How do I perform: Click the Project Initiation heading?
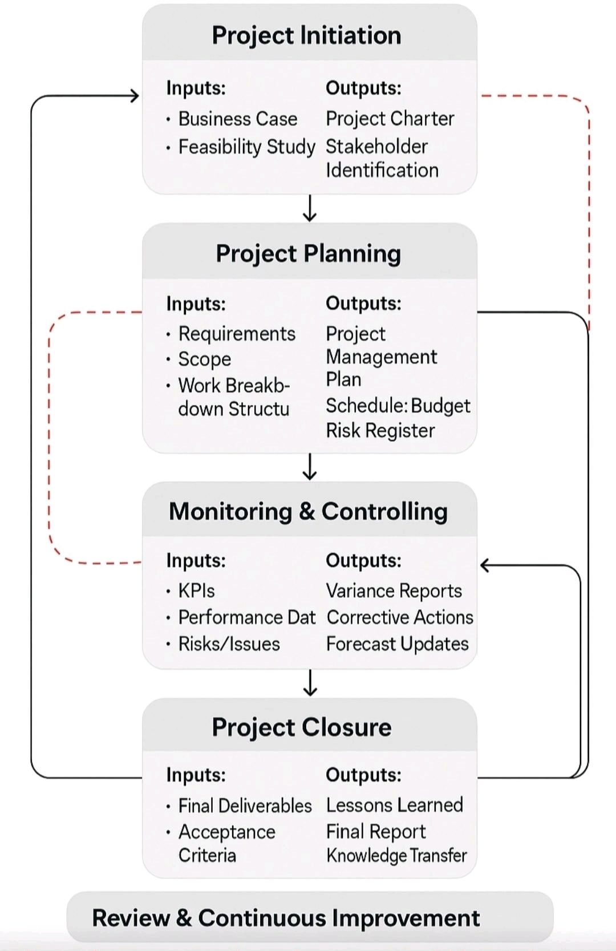point(306,35)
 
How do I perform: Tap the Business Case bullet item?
point(237,119)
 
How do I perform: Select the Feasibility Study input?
point(246,147)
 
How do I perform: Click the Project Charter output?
point(390,119)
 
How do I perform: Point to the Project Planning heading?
point(308,253)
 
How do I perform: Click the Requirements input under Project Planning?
point(237,334)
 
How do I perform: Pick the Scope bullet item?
point(204,359)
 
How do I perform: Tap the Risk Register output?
point(380,431)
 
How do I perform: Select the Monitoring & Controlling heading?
point(308,511)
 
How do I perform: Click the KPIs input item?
point(196,591)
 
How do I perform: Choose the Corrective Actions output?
point(399,617)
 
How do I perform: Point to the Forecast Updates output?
point(397,644)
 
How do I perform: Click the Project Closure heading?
point(302,727)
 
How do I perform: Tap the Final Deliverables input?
point(245,806)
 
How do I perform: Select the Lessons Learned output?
point(394,805)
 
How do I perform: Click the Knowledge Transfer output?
point(396,855)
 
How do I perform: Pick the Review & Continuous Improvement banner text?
point(286,918)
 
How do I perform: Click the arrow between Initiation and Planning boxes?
point(310,208)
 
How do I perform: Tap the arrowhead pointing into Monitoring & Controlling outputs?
point(485,565)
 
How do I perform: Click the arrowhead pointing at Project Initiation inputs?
point(135,96)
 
